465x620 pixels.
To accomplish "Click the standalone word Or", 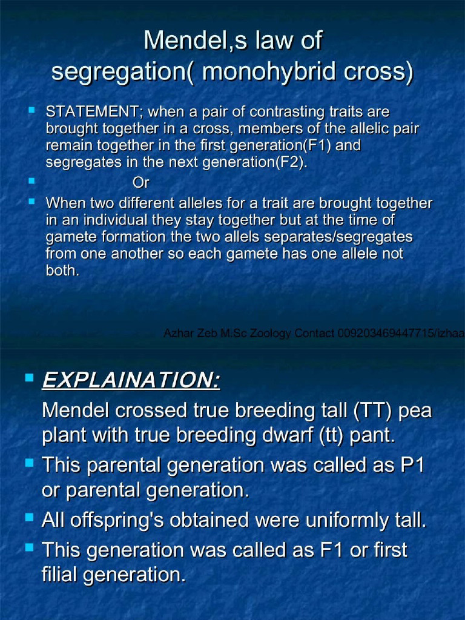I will click(x=140, y=182).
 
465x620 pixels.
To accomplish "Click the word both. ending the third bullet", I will click(x=62, y=271).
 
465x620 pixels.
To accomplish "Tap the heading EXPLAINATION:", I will click(x=131, y=381).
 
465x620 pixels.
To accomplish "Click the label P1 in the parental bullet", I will click(x=412, y=466).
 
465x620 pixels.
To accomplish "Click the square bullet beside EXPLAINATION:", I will click(x=29, y=378).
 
